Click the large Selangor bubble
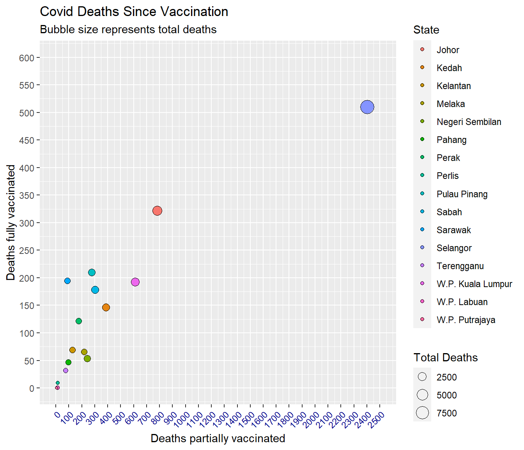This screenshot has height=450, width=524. coord(367,107)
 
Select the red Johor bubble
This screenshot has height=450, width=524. coord(157,211)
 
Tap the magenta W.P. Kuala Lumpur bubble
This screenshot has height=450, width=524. coord(135,282)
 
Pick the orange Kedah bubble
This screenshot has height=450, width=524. coord(106,307)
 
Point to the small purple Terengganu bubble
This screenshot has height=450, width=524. coord(65,370)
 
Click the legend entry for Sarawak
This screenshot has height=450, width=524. coord(453,230)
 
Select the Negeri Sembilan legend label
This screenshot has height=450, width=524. coord(469,122)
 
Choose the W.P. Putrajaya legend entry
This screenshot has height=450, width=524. coord(466,320)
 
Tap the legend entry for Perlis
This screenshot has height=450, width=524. coord(447,176)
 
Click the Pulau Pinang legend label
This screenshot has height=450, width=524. coord(462,194)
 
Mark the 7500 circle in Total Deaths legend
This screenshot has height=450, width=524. coord(422,413)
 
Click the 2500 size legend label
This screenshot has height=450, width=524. coord(446,377)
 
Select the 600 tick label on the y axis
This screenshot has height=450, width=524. coord(27,58)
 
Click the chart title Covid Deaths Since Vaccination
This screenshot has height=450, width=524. coord(134,12)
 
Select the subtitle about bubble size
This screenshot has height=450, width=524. coord(128,30)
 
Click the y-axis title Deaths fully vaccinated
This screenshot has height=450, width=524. coord(11,222)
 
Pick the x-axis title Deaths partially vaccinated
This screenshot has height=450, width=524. coord(218,438)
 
